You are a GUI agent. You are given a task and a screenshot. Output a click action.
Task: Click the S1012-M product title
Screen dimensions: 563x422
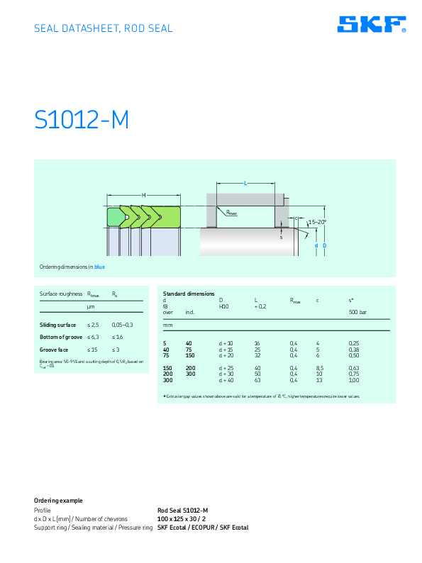[82, 121]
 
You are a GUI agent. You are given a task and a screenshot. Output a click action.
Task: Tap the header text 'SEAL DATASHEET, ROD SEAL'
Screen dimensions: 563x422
[104, 29]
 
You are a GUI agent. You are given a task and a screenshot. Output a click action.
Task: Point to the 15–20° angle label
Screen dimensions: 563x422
[316, 222]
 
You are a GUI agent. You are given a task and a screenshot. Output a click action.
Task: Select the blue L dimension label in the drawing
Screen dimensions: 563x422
[245, 184]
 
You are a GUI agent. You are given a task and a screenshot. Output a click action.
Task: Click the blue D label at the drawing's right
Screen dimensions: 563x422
[324, 245]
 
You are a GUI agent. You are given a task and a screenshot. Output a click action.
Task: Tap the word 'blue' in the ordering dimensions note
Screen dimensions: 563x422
[99, 267]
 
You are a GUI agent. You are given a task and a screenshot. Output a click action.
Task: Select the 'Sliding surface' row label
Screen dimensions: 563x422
[57, 324]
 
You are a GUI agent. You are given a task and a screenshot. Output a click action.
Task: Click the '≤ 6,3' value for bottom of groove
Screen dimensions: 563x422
[93, 337]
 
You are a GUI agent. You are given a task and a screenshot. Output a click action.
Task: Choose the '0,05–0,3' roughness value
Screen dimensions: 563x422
[122, 324]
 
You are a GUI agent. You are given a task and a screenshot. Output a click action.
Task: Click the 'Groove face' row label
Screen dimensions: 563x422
[54, 350]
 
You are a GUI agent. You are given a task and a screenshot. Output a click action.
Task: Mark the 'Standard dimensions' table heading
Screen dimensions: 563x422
[188, 293]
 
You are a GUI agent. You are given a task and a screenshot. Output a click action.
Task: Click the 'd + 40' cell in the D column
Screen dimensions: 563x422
[226, 381]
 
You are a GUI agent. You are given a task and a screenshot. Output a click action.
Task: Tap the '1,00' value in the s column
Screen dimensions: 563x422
[353, 381]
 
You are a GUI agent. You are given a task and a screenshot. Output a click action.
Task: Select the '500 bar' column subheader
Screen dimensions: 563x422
[357, 312]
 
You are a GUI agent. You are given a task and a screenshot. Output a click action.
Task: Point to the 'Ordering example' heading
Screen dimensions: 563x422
[58, 501]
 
